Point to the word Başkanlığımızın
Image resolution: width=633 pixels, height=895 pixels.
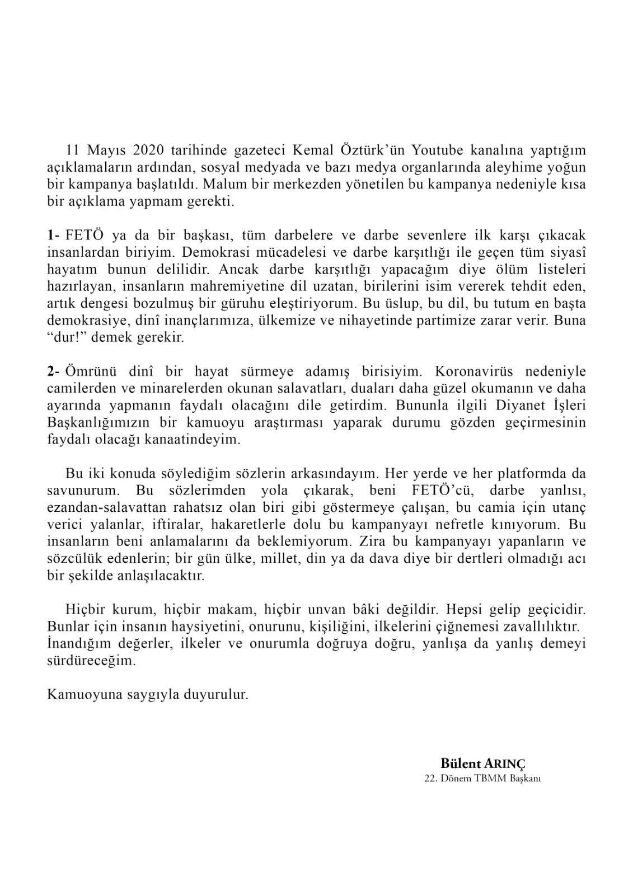pyautogui.click(x=99, y=422)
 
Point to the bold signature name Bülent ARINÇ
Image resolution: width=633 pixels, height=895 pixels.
pyautogui.click(x=484, y=764)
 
